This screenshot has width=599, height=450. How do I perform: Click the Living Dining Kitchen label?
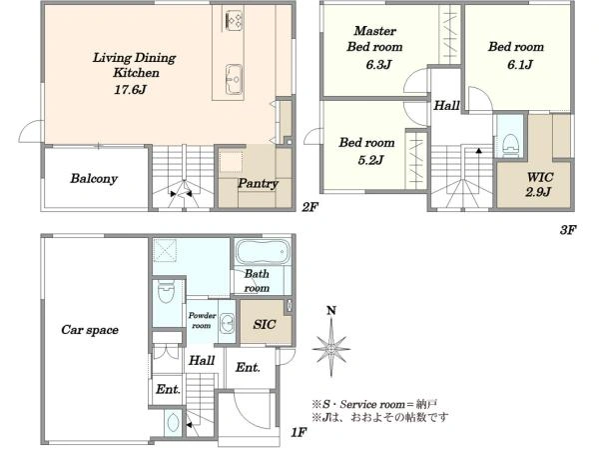coord(135,65)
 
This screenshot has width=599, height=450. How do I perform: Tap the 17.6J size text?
coord(130,90)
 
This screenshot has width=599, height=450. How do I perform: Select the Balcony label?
coord(94,178)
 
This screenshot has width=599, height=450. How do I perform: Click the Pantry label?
coord(258,183)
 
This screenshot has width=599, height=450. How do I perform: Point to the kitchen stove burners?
coord(234,21)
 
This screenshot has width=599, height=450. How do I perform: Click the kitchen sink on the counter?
coord(234,79)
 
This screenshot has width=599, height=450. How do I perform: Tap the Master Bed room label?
coord(374,39)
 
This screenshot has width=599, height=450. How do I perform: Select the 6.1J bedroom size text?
coord(520,64)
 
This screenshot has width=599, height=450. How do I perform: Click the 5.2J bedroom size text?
coord(370,160)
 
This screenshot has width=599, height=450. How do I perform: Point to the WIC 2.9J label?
coord(539,184)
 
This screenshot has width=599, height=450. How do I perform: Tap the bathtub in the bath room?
coord(262,252)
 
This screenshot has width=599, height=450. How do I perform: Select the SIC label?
coord(264,324)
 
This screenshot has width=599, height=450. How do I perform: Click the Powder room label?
coord(202,320)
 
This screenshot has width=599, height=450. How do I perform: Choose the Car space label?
coord(90,330)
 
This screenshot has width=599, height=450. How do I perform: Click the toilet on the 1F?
coord(166,291)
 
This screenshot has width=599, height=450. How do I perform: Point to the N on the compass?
coord(331,310)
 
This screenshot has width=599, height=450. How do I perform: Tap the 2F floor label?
coord(309,207)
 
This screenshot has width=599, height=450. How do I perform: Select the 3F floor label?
coord(568,230)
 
